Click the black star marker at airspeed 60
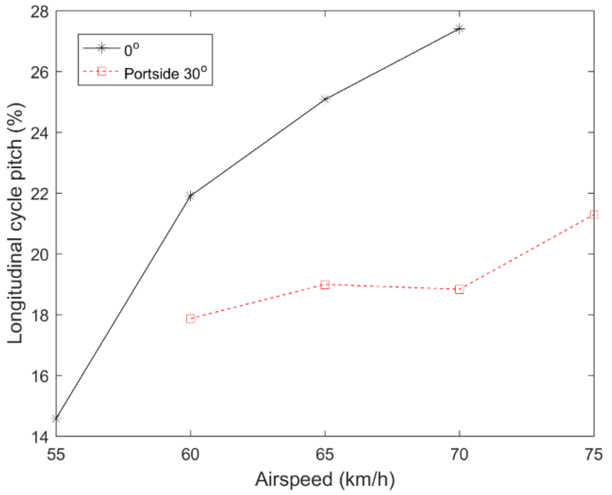pyautogui.click(x=190, y=196)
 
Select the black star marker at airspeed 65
pyautogui.click(x=325, y=99)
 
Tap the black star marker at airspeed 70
pyautogui.click(x=459, y=29)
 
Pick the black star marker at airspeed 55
pyautogui.click(x=56, y=419)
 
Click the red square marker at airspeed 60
pyautogui.click(x=191, y=318)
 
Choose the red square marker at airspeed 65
pyautogui.click(x=325, y=285)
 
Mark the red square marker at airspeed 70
pyautogui.click(x=459, y=289)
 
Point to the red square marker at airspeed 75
pyautogui.click(x=594, y=215)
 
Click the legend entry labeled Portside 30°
pyautogui.click(x=165, y=73)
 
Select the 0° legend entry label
pyautogui.click(x=131, y=50)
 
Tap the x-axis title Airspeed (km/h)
pyautogui.click(x=325, y=480)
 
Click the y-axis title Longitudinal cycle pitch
pyautogui.click(x=16, y=223)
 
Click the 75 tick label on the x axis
pyautogui.click(x=594, y=454)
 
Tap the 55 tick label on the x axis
pyautogui.click(x=56, y=454)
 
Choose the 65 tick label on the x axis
pyautogui.click(x=325, y=454)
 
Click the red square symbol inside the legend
pyautogui.click(x=101, y=72)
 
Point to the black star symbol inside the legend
pyautogui.click(x=101, y=48)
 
